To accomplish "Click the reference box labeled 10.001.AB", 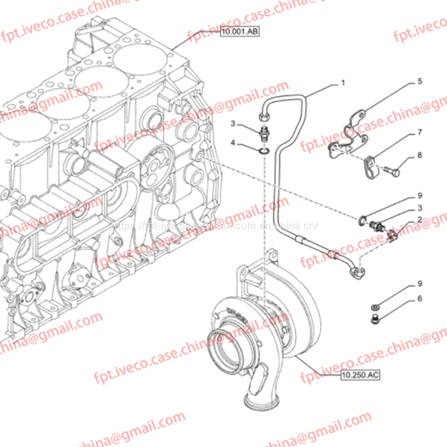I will [239, 32].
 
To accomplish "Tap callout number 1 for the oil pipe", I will [343, 83].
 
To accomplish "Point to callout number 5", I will [420, 81].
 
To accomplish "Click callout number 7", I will [420, 133].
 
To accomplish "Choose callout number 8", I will [420, 155].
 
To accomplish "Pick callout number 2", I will [420, 219].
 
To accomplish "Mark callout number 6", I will [420, 298].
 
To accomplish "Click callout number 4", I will [236, 144].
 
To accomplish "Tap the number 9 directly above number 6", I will [420, 283].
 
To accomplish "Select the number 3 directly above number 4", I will [236, 123].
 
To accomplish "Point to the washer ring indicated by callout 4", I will [263, 150].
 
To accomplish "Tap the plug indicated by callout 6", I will [374, 319].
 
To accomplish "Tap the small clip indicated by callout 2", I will [392, 237].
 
